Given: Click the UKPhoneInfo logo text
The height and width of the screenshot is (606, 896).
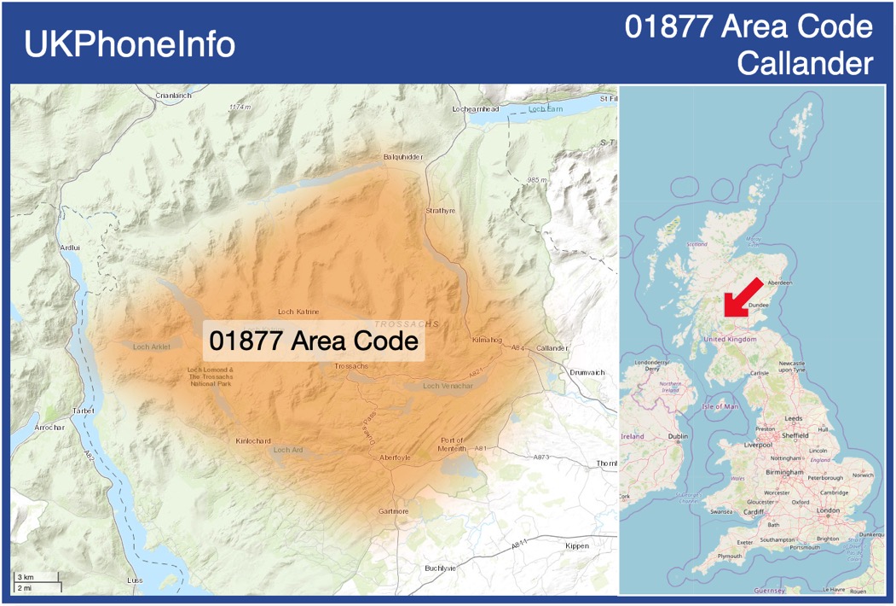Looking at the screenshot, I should click(130, 44).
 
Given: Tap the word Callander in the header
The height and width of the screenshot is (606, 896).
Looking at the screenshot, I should click(805, 62).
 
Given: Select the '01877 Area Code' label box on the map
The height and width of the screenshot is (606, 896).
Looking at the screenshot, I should click(314, 341).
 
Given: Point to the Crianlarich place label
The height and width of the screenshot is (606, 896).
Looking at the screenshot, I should click(174, 96).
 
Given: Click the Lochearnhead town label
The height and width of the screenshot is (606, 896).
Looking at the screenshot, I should click(476, 109).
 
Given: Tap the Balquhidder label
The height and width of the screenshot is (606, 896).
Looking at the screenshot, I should click(403, 157).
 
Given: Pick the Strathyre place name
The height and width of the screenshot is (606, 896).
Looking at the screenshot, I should click(440, 210).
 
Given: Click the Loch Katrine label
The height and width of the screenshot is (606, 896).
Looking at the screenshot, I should click(298, 312).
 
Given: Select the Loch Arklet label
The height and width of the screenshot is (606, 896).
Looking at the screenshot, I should click(152, 347).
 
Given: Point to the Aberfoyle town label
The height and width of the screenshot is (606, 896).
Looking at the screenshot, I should click(395, 457).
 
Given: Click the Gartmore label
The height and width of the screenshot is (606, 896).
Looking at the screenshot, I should click(393, 511).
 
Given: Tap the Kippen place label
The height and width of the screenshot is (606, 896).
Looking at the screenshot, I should click(577, 545).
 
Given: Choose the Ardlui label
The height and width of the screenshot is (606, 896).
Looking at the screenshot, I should click(69, 247).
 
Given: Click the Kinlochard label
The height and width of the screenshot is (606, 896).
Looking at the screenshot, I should click(252, 441).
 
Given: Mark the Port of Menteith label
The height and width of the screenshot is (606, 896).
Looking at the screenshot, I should click(453, 443).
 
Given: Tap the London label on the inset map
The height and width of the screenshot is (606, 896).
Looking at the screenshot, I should click(828, 510).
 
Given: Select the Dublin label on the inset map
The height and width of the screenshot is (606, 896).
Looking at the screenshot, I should click(678, 436).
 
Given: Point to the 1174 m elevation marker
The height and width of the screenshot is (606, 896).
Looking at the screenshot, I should click(241, 107).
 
